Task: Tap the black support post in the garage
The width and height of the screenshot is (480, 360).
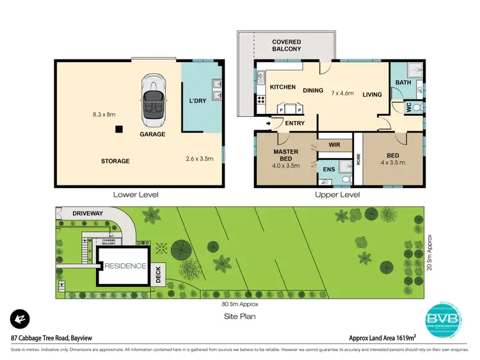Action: [119, 129]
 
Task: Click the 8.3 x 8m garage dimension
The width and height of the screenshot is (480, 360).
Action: [103, 115]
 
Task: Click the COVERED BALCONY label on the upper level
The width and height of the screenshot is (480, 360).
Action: [286, 45]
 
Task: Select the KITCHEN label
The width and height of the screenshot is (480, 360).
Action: [282, 87]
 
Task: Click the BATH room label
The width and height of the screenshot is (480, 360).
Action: [403, 82]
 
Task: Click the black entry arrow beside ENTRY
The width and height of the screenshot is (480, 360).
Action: [268, 123]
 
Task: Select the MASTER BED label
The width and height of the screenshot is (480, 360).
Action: [286, 155]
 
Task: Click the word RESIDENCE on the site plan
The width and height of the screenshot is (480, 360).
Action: [126, 267]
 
